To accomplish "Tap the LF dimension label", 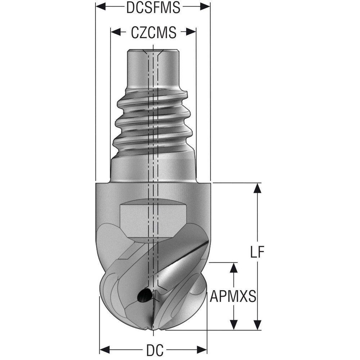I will [257, 252].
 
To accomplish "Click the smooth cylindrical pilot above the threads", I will [153, 68].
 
